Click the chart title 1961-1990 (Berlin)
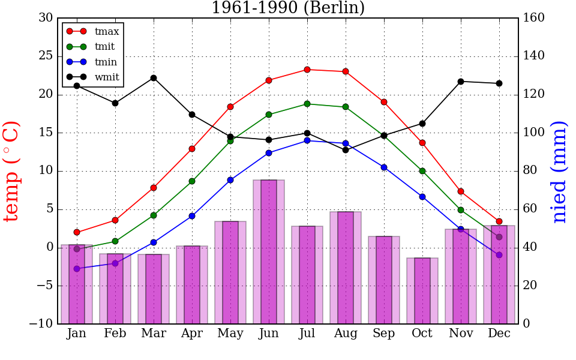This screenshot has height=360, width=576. pos(288,8)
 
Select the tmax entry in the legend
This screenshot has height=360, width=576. pos(107,31)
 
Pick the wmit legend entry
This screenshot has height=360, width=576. pos(107,77)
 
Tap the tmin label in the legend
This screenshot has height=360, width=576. pos(106,62)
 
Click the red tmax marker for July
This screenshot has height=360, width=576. pos(307,70)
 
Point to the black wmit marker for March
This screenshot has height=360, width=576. pos(154,78)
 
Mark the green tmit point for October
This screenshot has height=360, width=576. pos(422,171)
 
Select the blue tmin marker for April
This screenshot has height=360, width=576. pos(192,216)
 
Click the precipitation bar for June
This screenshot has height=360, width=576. pos(269,252)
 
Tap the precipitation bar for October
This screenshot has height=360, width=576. pos(422,291)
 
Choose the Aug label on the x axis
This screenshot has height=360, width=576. pos(346,334)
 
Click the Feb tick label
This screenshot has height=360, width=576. pos(115,334)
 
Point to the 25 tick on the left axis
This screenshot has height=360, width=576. pos(46,56)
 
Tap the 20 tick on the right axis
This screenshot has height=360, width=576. pos(531,286)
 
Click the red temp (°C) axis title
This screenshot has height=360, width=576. pos(12,171)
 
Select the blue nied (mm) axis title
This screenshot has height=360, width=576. pos(559,171)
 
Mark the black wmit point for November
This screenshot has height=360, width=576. pos(461,82)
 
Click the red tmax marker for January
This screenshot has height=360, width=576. pos(77,232)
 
